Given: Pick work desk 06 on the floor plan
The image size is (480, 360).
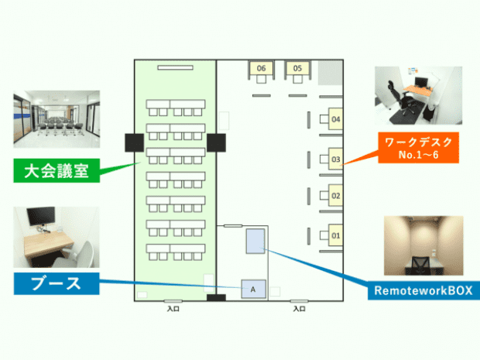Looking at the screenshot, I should [261, 69].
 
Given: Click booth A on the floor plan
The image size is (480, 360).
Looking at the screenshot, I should [252, 288].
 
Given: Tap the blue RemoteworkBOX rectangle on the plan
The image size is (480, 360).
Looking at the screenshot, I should [256, 241].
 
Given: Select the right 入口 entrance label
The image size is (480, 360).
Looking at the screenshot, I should [298, 309].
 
